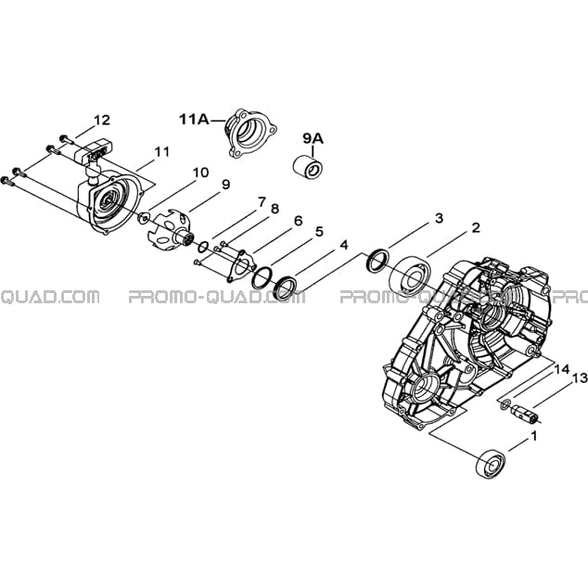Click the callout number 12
pos(102,121)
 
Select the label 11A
pos(194,120)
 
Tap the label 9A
pos(313,139)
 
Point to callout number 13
pos(581,378)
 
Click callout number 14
pos(562,369)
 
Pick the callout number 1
pos(533,436)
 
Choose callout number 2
pos(476,227)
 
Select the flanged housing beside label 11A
pos(251,133)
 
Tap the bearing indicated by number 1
pos(492,464)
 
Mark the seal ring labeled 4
pos(287,288)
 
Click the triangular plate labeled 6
pos(240,265)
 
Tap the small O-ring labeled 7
pos(203,247)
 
